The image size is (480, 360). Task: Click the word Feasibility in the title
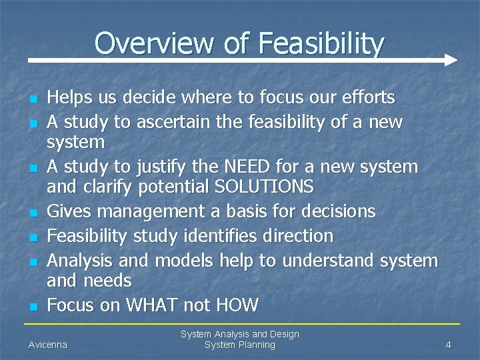[321, 44]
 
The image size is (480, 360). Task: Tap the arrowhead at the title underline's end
[451, 60]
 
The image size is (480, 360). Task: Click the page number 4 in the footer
[448, 345]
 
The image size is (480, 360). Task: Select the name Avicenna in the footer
[48, 345]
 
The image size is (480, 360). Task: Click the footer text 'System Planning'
[239, 345]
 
